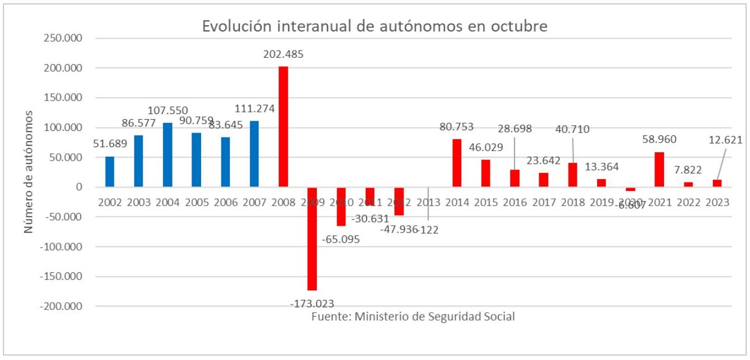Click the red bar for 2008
tap(283, 127)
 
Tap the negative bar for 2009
tap(312, 239)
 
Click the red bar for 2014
tap(457, 163)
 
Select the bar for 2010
tap(341, 207)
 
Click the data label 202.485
tap(284, 54)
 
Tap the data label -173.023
tap(312, 303)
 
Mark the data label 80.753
tap(457, 127)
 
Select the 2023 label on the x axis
tap(717, 202)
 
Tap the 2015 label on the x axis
tap(486, 202)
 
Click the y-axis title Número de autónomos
tap(29, 172)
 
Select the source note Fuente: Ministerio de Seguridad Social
tap(413, 316)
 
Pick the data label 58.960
tap(660, 139)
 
